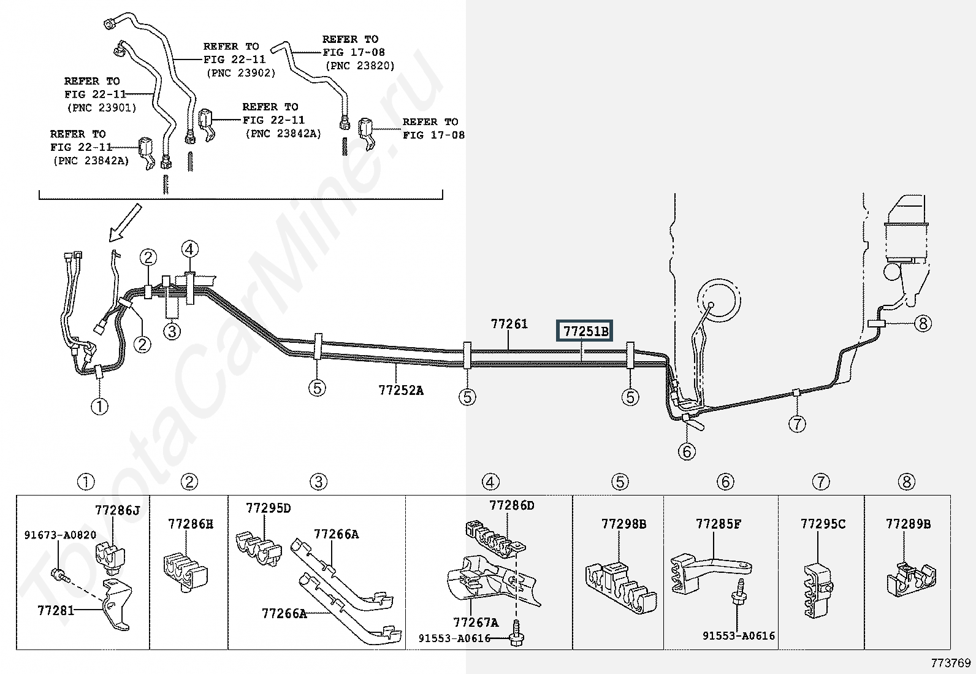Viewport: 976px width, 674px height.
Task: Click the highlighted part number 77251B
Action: (x=585, y=332)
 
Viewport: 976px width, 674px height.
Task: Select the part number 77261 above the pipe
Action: (x=509, y=324)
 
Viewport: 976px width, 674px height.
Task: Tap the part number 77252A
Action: (x=401, y=390)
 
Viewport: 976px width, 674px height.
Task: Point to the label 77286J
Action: (x=117, y=510)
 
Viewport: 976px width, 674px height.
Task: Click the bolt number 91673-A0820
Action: (x=60, y=535)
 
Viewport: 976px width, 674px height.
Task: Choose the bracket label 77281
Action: (x=56, y=610)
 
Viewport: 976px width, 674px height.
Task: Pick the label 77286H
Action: (x=191, y=524)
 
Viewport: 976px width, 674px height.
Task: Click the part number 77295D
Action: (x=269, y=508)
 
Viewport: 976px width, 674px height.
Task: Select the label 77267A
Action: (x=476, y=623)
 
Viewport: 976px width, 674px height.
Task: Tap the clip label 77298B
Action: (x=623, y=524)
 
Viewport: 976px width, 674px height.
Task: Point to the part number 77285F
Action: (x=718, y=524)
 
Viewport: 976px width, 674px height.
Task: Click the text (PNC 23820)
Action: (x=359, y=66)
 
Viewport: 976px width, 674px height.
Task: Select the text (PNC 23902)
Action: (x=240, y=73)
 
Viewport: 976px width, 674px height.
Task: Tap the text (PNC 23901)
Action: (x=101, y=108)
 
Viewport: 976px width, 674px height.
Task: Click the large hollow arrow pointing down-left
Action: (x=125, y=224)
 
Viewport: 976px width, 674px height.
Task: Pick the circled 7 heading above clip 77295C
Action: (x=821, y=482)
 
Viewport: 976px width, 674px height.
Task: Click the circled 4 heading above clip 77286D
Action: (x=490, y=482)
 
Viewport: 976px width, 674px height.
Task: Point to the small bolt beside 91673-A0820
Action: (x=60, y=575)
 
